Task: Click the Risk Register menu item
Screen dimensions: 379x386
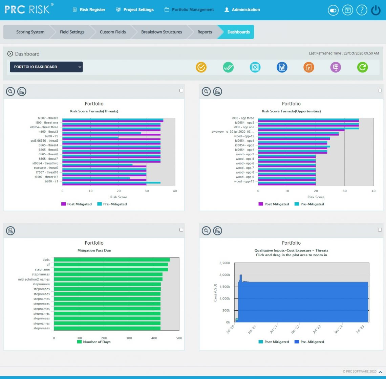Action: click(89, 9)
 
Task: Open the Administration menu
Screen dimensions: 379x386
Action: click(242, 9)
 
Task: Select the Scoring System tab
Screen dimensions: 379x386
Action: click(30, 32)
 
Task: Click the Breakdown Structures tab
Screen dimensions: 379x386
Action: click(162, 32)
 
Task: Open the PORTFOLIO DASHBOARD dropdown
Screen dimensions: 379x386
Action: click(46, 67)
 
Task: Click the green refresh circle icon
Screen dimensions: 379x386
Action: click(362, 67)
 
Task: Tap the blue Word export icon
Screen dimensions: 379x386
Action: click(282, 67)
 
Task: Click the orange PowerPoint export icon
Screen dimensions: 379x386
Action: click(308, 67)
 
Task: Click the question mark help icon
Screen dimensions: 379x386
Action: click(362, 10)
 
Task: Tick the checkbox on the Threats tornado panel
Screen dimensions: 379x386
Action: click(181, 90)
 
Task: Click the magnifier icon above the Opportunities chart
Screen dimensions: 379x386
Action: click(206, 91)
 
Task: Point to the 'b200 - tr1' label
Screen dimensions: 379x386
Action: click(51, 181)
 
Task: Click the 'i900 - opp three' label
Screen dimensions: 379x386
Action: click(243, 118)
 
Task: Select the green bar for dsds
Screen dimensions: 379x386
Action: click(112, 260)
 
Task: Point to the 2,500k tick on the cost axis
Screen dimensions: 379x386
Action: click(224, 263)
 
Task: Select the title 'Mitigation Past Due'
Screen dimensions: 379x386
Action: click(94, 250)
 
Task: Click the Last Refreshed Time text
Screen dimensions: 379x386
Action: click(344, 53)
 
